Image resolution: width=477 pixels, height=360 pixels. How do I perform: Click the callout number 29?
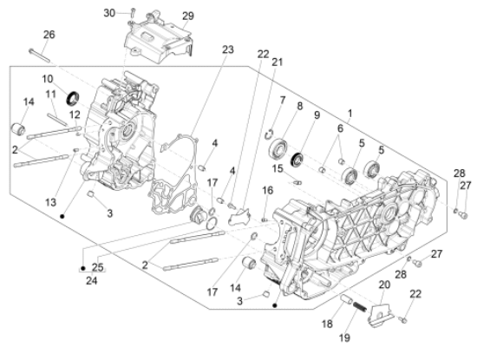pos(188,16)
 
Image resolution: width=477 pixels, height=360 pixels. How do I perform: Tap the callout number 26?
pos(49,35)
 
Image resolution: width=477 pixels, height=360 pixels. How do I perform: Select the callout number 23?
pos(227,49)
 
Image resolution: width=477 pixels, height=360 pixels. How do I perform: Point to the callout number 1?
pos(350,114)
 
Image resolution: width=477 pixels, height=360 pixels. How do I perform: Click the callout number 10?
pos(48,79)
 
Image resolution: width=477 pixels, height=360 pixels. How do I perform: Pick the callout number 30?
pos(109,13)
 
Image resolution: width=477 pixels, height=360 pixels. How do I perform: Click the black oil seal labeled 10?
pos(73,98)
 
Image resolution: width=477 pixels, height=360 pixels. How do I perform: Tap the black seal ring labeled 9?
pos(297,160)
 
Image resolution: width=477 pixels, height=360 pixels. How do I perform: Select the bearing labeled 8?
pos(278,148)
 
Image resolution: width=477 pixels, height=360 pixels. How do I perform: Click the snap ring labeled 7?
pos(269,134)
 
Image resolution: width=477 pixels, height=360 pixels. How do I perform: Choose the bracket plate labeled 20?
pos(382,315)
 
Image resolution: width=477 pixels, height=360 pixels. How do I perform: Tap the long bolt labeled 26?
pos(39,56)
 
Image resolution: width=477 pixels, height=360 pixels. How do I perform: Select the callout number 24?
pos(92,280)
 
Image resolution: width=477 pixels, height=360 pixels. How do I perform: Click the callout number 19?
pos(344,337)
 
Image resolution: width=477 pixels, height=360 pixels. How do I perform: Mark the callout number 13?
pos(51,202)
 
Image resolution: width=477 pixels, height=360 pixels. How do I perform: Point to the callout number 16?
pos(268,191)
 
